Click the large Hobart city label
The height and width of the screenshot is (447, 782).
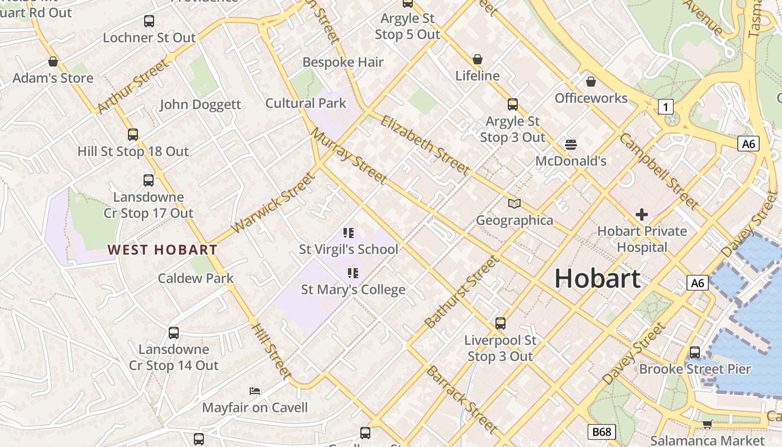tap(597, 278)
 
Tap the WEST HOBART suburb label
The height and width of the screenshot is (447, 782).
tap(162, 250)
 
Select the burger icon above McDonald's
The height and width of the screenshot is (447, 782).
tap(570, 145)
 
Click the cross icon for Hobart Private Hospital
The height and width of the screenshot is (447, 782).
tap(642, 214)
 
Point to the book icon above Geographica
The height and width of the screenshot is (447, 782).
tap(514, 204)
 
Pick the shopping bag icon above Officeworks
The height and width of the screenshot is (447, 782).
tap(590, 82)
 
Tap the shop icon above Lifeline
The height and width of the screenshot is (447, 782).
tap(477, 59)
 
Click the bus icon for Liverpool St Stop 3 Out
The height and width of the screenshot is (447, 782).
tap(500, 324)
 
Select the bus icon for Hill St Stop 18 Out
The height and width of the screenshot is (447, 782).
tap(132, 135)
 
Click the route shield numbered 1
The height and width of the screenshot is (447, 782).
tap(665, 107)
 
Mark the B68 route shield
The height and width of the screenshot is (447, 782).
tap(602, 431)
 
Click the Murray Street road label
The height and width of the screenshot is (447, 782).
tap(349, 156)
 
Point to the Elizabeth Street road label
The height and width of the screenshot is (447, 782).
tap(425, 145)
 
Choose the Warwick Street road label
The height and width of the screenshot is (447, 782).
tap(273, 203)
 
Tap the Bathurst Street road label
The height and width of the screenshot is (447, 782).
tap(461, 292)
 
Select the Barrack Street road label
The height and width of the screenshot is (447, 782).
tap(461, 399)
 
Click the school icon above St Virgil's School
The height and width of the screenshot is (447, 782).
tap(349, 233)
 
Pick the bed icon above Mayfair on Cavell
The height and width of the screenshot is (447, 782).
tap(255, 391)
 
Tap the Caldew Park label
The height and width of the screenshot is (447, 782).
tap(195, 278)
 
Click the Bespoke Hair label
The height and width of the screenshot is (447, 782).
tap(343, 62)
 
